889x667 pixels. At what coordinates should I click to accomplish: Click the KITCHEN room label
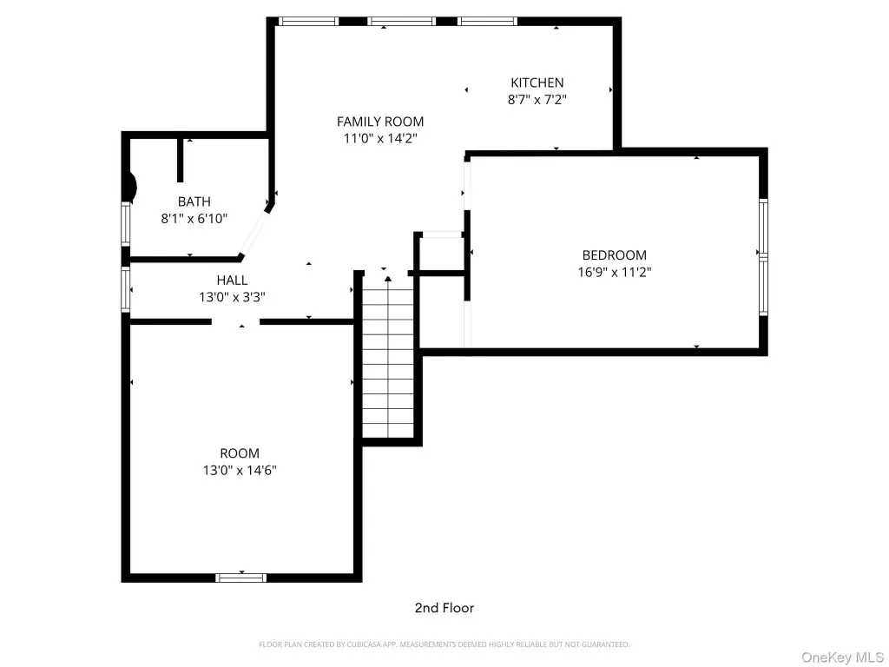tap(537, 83)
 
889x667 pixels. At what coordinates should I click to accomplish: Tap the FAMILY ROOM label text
tap(380, 122)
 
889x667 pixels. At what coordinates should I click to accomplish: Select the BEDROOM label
tap(614, 255)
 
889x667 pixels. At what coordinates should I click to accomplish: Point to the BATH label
tap(194, 201)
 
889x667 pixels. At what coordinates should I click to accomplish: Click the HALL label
tap(232, 281)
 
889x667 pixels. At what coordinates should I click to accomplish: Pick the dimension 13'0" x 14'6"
tap(240, 470)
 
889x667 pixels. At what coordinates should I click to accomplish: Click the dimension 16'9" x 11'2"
tap(615, 272)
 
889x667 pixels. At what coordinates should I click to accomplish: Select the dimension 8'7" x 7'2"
tap(537, 100)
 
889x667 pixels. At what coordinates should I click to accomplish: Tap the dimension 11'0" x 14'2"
tap(380, 138)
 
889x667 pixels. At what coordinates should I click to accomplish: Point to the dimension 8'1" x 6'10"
tap(194, 218)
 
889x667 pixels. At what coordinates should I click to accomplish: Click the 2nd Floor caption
tap(444, 608)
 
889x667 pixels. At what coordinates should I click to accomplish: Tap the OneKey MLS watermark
tap(842, 657)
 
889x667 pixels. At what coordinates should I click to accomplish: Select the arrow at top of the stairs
tap(388, 279)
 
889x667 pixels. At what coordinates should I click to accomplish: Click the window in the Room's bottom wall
tap(241, 578)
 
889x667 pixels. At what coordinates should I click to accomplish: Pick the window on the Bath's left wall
tap(126, 225)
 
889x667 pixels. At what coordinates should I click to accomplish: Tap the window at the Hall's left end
tap(126, 290)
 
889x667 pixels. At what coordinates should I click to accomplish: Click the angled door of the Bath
tap(254, 233)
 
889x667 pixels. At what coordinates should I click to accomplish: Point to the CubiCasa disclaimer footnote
tap(444, 644)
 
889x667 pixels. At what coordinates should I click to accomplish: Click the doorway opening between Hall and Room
tap(236, 321)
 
